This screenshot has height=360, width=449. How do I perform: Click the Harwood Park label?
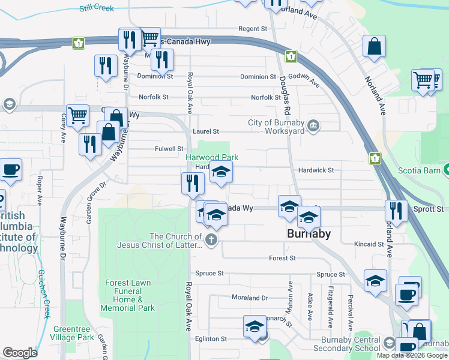(212, 157)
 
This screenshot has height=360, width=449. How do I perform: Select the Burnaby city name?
(309, 234)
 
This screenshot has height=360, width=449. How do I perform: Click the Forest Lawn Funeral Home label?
(130, 295)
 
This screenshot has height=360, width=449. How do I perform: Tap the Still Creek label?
(96, 8)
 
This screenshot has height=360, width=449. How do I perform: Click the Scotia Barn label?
(419, 170)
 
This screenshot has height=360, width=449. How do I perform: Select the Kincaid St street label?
(369, 244)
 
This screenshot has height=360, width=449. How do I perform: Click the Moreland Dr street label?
(250, 298)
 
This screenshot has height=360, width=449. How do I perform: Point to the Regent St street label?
(252, 29)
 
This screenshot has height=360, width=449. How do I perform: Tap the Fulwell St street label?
(169, 149)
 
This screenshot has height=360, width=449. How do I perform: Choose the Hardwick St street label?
(316, 170)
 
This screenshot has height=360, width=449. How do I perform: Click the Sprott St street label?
(428, 209)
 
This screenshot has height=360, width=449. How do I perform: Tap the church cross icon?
(211, 241)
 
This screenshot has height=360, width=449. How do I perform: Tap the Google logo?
(20, 353)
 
